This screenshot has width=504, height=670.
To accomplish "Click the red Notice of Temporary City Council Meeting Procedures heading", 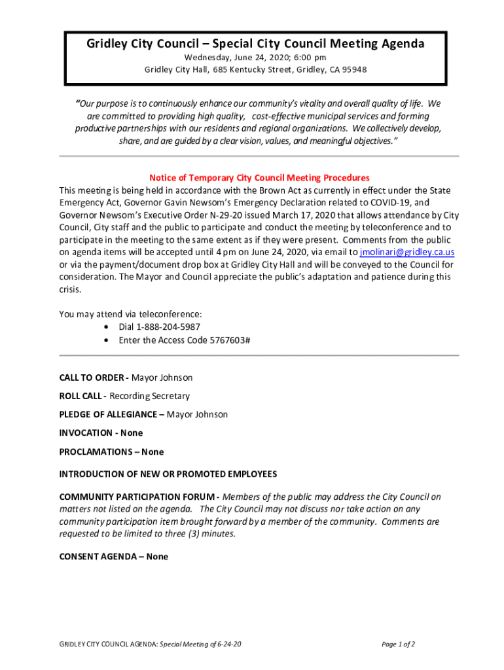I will [x=259, y=178].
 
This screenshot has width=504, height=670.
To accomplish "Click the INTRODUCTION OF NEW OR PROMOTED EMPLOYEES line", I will [x=168, y=474].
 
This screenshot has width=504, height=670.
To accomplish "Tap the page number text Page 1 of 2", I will [x=398, y=644].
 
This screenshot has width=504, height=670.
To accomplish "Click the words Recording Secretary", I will [x=150, y=396].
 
